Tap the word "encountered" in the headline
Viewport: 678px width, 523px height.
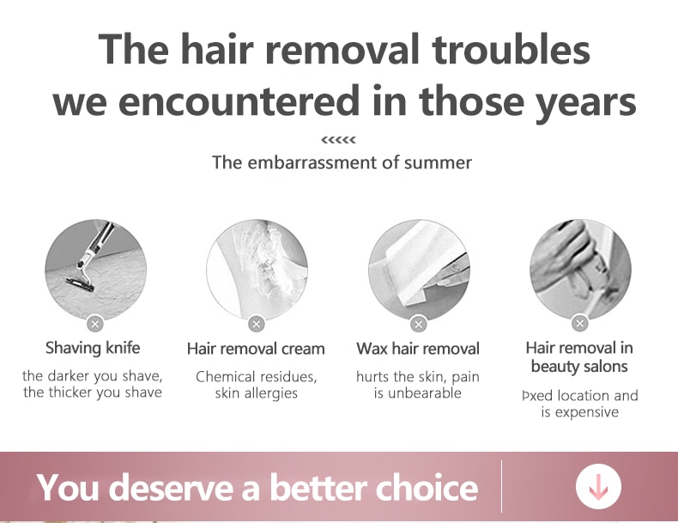pos(239,100)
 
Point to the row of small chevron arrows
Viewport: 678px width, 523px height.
pos(338,140)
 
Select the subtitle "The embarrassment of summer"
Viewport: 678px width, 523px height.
pos(342,162)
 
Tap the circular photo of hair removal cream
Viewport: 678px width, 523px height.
pos(257,269)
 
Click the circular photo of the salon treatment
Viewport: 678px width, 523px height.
pos(580,269)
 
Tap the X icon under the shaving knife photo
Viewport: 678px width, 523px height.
pos(95,324)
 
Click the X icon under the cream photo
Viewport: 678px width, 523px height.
pos(257,324)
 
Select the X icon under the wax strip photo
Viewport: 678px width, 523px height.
pos(418,324)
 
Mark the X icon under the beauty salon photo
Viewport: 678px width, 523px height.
pos(580,323)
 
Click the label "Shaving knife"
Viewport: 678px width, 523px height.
pos(93,348)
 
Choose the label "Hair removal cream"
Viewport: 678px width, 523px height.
pos(256,349)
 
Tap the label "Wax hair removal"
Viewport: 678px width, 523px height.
pos(418,349)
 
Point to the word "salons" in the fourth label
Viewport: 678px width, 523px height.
pos(604,367)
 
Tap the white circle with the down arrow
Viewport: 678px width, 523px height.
pos(598,486)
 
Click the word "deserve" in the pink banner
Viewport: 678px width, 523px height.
pos(174,488)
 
